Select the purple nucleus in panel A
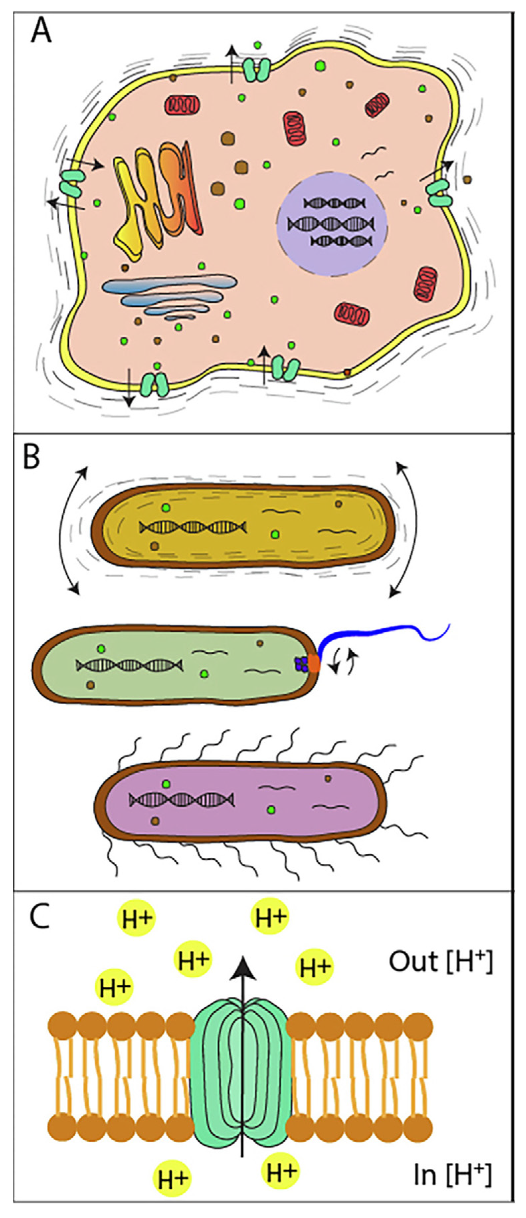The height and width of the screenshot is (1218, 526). (332, 223)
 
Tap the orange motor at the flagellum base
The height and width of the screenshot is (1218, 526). (314, 664)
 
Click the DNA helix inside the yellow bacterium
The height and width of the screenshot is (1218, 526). (193, 527)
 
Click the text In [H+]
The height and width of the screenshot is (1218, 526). (452, 1174)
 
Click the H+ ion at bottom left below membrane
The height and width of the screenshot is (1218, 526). (172, 1179)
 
